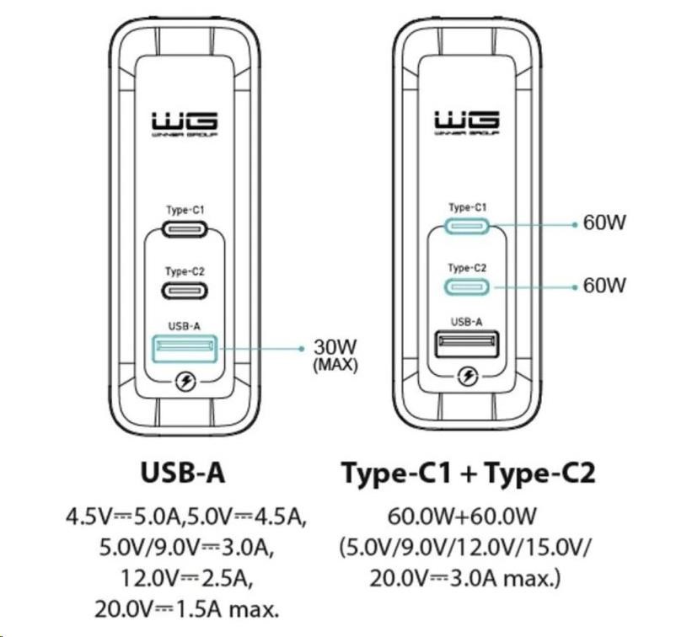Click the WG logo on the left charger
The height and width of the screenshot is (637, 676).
point(185,122)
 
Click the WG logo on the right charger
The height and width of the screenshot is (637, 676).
point(467,122)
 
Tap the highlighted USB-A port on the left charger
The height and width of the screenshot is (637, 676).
point(185,347)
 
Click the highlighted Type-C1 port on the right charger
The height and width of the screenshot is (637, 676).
point(467,225)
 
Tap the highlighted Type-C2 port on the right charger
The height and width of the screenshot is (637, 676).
point(467,286)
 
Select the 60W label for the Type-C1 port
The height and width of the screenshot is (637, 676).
point(604,224)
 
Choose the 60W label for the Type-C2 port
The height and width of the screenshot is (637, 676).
point(604,286)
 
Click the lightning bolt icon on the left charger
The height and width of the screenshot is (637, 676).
point(185,383)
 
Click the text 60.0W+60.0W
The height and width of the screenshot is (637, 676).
point(467,515)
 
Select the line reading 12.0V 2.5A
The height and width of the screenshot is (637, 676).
point(186,579)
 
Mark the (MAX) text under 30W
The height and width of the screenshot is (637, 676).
point(335,366)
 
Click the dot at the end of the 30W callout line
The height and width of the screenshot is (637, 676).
point(300,347)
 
